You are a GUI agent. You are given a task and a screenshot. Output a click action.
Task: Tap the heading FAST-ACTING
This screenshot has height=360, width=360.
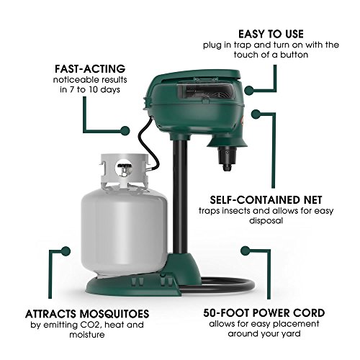(x=84, y=69)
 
